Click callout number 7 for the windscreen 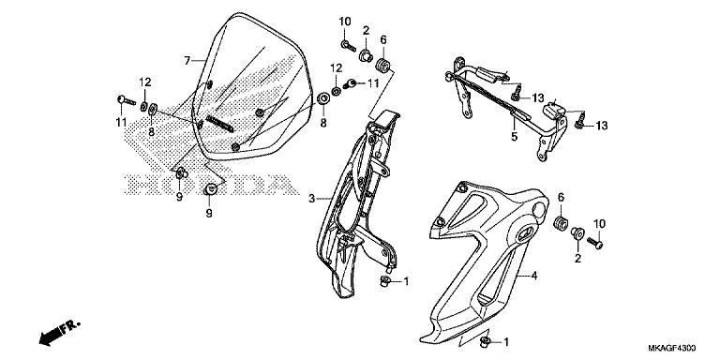click(187, 60)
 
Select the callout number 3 click(312, 198)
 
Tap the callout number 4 click(533, 277)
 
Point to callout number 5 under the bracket click(514, 136)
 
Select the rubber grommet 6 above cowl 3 click(382, 66)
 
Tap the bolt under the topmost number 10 click(345, 43)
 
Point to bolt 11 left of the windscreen click(122, 99)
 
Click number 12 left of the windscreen click(145, 82)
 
